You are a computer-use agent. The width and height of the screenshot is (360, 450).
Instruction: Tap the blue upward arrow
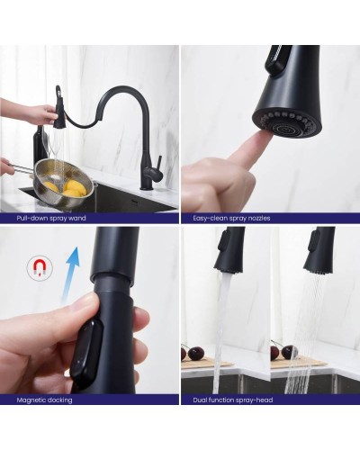pos(71,273)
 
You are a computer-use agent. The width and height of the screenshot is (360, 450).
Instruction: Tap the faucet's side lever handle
pos(159,165)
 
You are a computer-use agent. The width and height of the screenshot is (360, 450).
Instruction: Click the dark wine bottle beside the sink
pos(40,146)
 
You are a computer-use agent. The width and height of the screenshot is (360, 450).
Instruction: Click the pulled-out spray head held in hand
pos(59,107)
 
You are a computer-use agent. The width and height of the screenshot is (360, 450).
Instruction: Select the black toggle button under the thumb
pos(87,348)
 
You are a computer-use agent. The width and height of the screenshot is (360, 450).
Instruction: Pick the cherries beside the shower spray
pos(283,352)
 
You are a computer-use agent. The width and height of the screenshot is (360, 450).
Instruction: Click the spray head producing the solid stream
pos(229,249)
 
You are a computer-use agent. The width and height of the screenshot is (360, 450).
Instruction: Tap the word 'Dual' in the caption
pos(199,400)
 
